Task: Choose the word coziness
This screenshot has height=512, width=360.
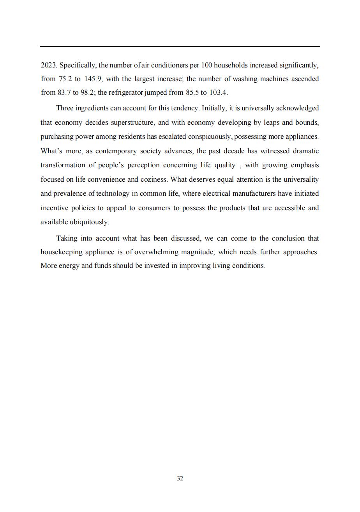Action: [x=152, y=179]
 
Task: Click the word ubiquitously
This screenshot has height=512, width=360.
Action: [x=89, y=222]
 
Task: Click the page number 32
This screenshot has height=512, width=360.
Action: [x=180, y=478]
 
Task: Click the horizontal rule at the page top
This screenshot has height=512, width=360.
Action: [x=180, y=46]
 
